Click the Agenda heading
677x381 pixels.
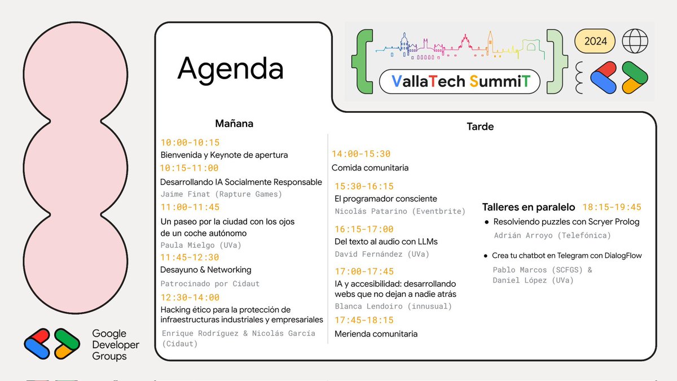[x=230, y=69]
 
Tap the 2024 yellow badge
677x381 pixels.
[x=595, y=41]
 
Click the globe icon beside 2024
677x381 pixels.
[x=635, y=41]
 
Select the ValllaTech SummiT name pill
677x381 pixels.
[x=459, y=82]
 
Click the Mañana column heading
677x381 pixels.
[x=234, y=123]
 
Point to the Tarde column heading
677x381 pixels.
[x=480, y=126]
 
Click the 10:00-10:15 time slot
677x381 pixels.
[x=190, y=142]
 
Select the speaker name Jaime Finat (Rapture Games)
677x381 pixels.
[x=221, y=194]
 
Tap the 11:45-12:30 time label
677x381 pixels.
[x=190, y=257]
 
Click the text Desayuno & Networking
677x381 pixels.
[x=206, y=270]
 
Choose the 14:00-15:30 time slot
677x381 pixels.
[x=361, y=154]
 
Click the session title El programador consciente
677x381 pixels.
[x=386, y=199]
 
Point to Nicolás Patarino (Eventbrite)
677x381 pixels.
[x=400, y=212]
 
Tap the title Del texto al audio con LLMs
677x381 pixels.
[x=386, y=242]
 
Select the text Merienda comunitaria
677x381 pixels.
[x=376, y=334]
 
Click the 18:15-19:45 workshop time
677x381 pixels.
[x=612, y=207]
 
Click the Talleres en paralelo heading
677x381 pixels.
[x=529, y=207]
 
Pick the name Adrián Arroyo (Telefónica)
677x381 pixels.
[x=552, y=235]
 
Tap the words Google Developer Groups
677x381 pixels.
[x=116, y=345]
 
